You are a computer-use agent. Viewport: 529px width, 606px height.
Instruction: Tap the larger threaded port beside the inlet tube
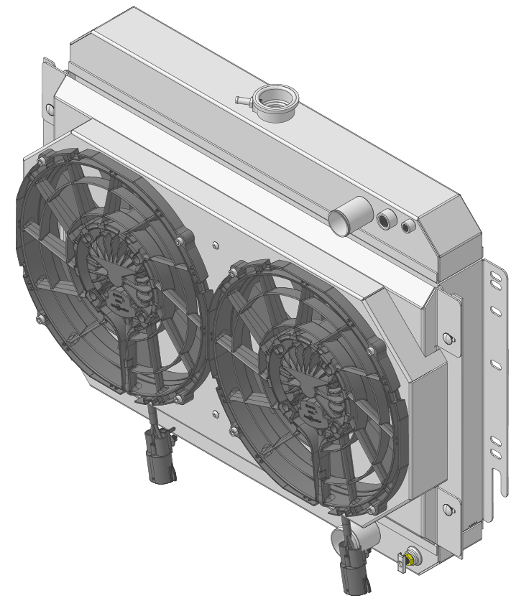[386, 218]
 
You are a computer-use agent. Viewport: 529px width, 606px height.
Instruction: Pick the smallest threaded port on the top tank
[408, 227]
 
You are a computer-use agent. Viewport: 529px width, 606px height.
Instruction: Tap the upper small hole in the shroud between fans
[216, 245]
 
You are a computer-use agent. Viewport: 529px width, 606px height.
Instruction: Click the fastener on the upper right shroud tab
[450, 337]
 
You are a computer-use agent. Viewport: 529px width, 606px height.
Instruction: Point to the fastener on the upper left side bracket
[49, 109]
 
